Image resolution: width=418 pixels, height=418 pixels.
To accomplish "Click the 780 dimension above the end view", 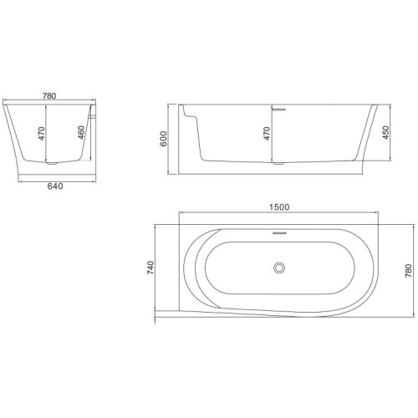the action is point(49,96).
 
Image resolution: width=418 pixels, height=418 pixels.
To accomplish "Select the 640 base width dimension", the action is point(55,186).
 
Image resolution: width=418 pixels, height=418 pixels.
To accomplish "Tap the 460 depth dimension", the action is point(81,133).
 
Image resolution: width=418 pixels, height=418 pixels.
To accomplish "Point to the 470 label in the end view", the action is point(41,134).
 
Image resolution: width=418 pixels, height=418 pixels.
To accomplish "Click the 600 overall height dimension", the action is point(163,139).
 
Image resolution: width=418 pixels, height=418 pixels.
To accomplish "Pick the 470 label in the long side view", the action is point(267,134).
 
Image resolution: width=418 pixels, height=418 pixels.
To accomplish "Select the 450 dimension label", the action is point(385,133).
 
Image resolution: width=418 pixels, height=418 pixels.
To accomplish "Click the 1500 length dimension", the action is point(279,207).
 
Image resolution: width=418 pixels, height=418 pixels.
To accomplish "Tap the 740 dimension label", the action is point(150,268).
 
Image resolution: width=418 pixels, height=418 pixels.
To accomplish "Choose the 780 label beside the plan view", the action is point(408,270).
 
